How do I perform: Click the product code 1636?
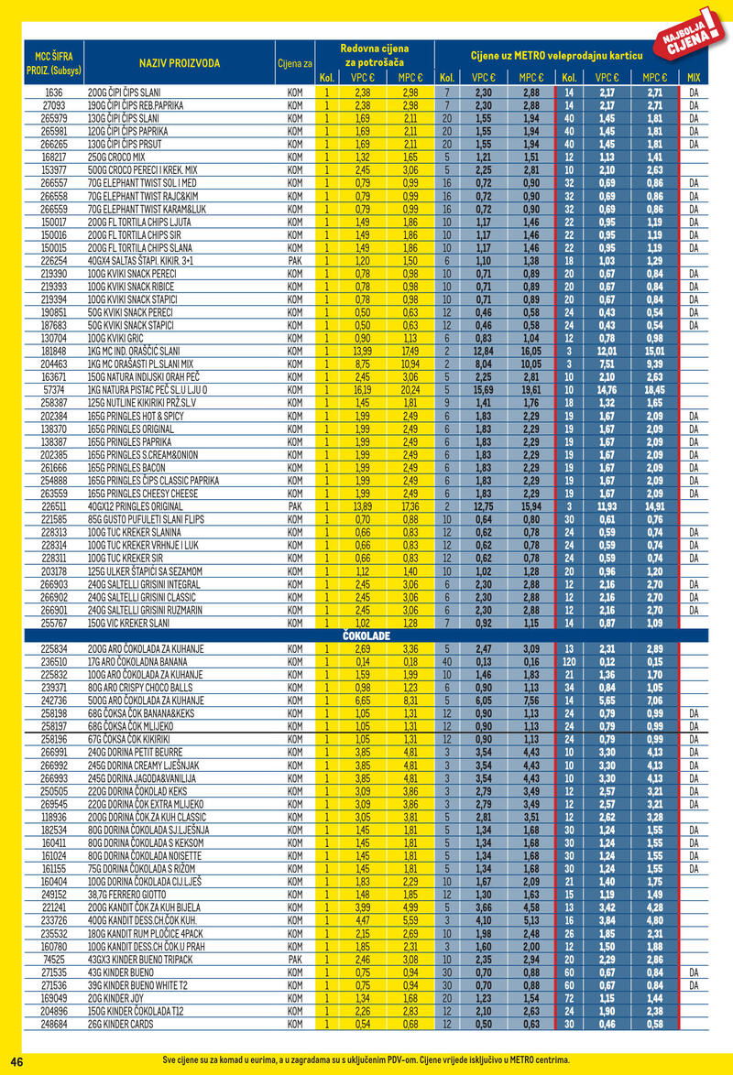(x=54, y=93)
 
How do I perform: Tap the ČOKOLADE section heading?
(x=366, y=635)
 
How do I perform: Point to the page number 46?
(x=16, y=1060)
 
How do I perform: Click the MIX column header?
(x=693, y=78)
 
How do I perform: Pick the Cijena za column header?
(x=295, y=62)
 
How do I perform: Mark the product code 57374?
(x=54, y=388)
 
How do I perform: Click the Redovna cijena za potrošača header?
(x=374, y=54)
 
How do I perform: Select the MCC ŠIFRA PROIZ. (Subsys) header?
(x=52, y=62)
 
